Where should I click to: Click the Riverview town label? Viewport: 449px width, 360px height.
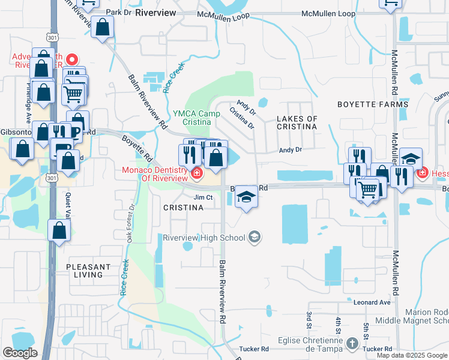coord(155,12)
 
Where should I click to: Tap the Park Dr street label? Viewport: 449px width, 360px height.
coord(118,12)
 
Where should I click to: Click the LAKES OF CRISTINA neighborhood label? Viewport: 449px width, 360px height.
coord(297,122)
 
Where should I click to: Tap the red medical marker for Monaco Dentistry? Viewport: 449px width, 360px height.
coord(197,174)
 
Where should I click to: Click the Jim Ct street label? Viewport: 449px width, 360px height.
coord(203,197)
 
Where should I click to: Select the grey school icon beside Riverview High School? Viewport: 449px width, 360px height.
coord(255,238)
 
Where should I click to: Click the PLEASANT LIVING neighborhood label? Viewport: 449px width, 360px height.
coord(88,271)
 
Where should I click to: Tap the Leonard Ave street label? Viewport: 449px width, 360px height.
coord(372,303)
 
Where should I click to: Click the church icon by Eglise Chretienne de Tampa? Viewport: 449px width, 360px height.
coord(352,342)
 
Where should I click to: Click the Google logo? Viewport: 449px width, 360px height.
coord(20,353)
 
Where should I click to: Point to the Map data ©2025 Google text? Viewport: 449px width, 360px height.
coord(411,355)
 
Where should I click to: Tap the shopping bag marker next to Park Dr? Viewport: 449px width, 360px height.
coord(103,27)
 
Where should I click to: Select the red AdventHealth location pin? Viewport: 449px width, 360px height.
coord(72,59)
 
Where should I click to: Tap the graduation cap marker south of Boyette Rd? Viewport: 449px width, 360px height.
coord(246,196)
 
